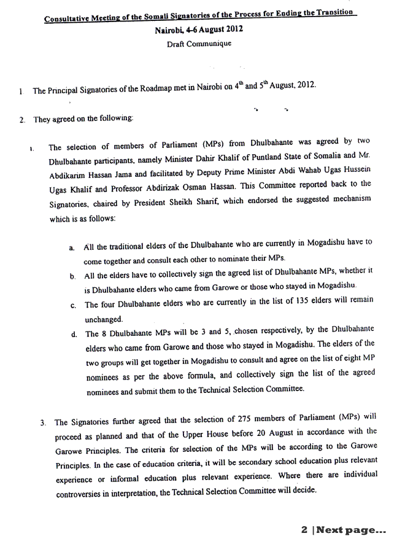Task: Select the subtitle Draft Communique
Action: pyautogui.click(x=199, y=44)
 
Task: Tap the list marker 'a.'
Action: pyautogui.click(x=72, y=247)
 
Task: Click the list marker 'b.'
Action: pyautogui.click(x=72, y=277)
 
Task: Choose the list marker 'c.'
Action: pyautogui.click(x=73, y=305)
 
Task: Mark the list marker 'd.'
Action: pyautogui.click(x=73, y=334)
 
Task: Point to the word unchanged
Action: pyautogui.click(x=104, y=319)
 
